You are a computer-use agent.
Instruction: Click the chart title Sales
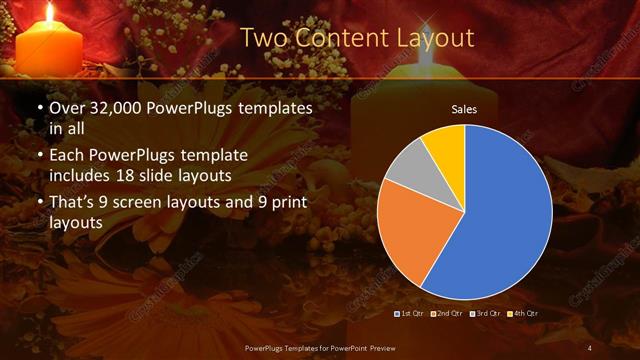click(464, 108)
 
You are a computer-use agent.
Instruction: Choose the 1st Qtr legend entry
click(412, 314)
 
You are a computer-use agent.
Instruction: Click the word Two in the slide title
click(263, 38)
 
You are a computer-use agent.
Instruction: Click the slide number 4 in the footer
click(589, 347)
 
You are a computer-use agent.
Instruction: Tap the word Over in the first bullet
click(67, 107)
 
